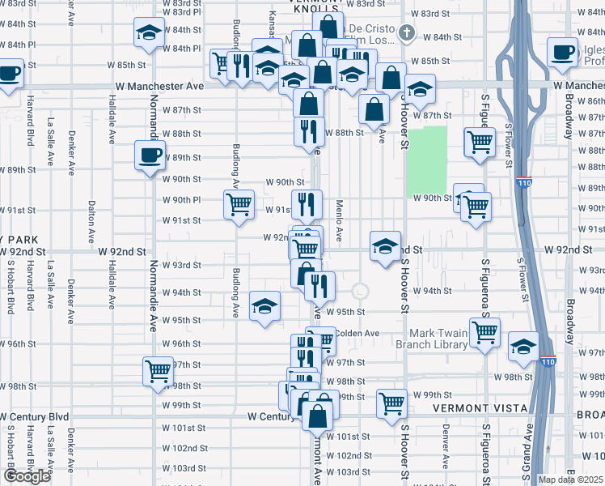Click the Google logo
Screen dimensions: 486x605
[27, 476]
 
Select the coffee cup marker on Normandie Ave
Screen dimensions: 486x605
[150, 155]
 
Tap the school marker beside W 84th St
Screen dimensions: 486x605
[148, 33]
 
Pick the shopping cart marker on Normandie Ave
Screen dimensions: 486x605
[159, 371]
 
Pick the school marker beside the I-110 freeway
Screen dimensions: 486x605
[523, 347]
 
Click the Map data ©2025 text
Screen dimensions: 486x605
[571, 480]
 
